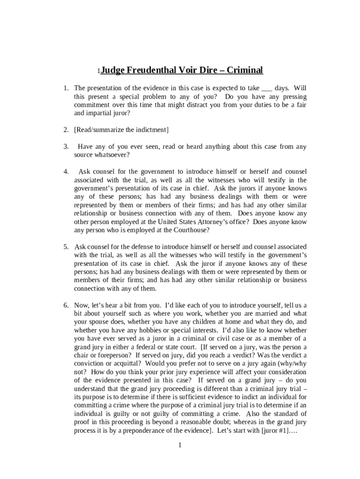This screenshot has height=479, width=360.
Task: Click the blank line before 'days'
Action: pos(266,88)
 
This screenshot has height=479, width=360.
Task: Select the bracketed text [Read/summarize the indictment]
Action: pos(121,130)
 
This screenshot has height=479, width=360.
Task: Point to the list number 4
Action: pos(66,172)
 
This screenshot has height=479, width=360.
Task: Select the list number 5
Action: pos(66,247)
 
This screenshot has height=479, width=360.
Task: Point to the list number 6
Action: pos(66,305)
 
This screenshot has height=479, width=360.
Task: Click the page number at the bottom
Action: pos(180,445)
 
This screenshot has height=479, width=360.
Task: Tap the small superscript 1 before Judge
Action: pos(98,72)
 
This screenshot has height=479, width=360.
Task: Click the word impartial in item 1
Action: pos(101,113)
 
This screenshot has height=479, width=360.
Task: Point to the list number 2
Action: pos(66,130)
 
